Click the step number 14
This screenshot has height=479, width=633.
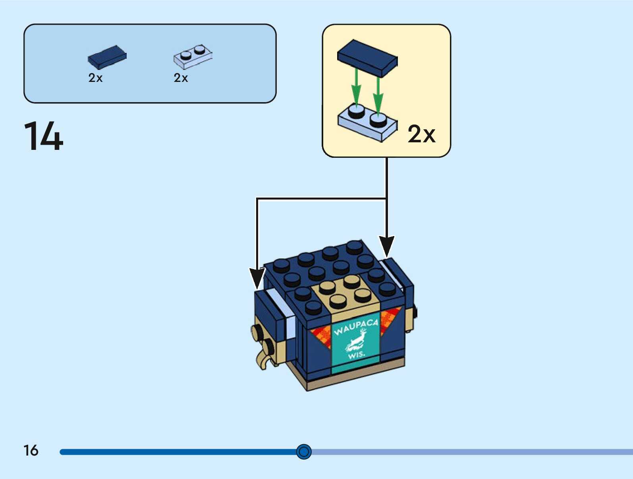pyautogui.click(x=44, y=136)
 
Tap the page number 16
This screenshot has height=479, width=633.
pyautogui.click(x=31, y=450)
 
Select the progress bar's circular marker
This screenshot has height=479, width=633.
pyautogui.click(x=304, y=452)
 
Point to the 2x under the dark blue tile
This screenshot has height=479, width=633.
pyautogui.click(x=95, y=78)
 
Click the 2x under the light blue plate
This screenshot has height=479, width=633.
pyautogui.click(x=181, y=78)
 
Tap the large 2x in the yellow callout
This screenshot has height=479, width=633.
pyautogui.click(x=421, y=134)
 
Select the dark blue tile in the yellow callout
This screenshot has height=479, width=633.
pyautogui.click(x=367, y=58)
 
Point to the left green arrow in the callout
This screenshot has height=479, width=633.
pyautogui.click(x=357, y=89)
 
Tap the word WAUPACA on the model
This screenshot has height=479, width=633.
pyautogui.click(x=355, y=327)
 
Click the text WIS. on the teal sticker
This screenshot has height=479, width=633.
pyautogui.click(x=356, y=354)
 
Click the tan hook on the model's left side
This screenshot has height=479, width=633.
pyautogui.click(x=262, y=360)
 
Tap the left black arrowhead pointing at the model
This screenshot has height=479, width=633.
pyautogui.click(x=257, y=278)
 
